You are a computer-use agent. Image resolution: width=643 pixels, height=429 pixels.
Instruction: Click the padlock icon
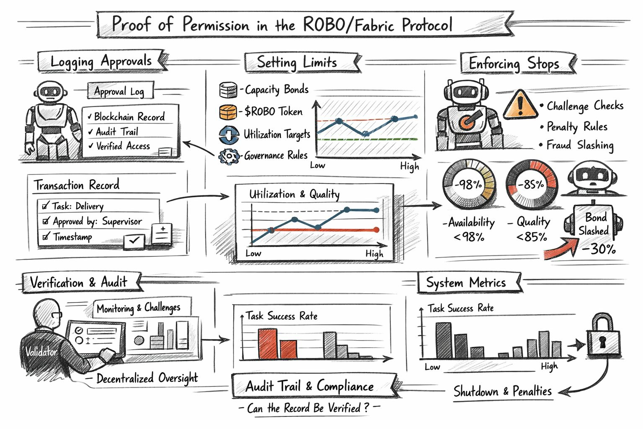pos(603,337)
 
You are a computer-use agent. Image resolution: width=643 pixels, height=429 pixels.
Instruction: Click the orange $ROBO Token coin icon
pos(228,112)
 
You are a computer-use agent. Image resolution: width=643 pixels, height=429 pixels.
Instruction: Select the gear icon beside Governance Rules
pos(229,156)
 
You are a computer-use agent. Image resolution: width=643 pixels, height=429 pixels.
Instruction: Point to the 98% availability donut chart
pos(469,184)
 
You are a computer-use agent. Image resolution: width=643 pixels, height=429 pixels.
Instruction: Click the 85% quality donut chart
pos(531,184)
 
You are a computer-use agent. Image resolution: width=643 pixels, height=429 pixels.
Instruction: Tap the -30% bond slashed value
pos(599,249)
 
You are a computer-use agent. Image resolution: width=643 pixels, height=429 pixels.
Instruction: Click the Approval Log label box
pos(120,91)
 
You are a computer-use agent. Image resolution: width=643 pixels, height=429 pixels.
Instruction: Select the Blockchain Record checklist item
pos(129,116)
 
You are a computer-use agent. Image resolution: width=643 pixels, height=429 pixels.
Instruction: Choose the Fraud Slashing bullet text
pos(580,145)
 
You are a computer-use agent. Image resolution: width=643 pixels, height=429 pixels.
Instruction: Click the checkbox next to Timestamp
pos(46,237)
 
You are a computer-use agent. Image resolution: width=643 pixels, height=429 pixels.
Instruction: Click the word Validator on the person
pos(41,351)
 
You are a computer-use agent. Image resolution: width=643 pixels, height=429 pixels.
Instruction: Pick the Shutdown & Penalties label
pos(502,392)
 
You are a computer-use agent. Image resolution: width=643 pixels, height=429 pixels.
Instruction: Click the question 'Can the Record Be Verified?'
pos(308,408)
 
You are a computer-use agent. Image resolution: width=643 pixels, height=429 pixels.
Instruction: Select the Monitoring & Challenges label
pos(139,308)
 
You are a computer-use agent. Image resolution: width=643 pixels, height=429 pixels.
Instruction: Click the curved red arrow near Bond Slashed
pos(561,249)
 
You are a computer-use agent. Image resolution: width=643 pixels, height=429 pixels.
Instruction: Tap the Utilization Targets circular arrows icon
pos(229,134)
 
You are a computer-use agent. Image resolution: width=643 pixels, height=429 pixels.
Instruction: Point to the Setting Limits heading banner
pos(297,62)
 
